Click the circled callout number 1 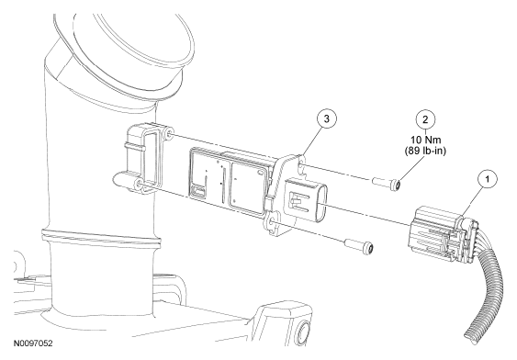pos(488,179)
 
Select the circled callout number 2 pos(425,119)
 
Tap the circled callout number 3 pos(326,118)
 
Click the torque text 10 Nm pos(425,140)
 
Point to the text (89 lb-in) pos(425,151)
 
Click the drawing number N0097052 pos(33,343)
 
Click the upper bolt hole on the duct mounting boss pos(170,134)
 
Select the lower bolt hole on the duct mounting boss pos(140,186)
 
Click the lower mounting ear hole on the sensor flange pos(272,224)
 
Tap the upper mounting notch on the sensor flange pos(302,166)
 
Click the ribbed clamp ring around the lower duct pos(102,237)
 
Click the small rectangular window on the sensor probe pos(198,191)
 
